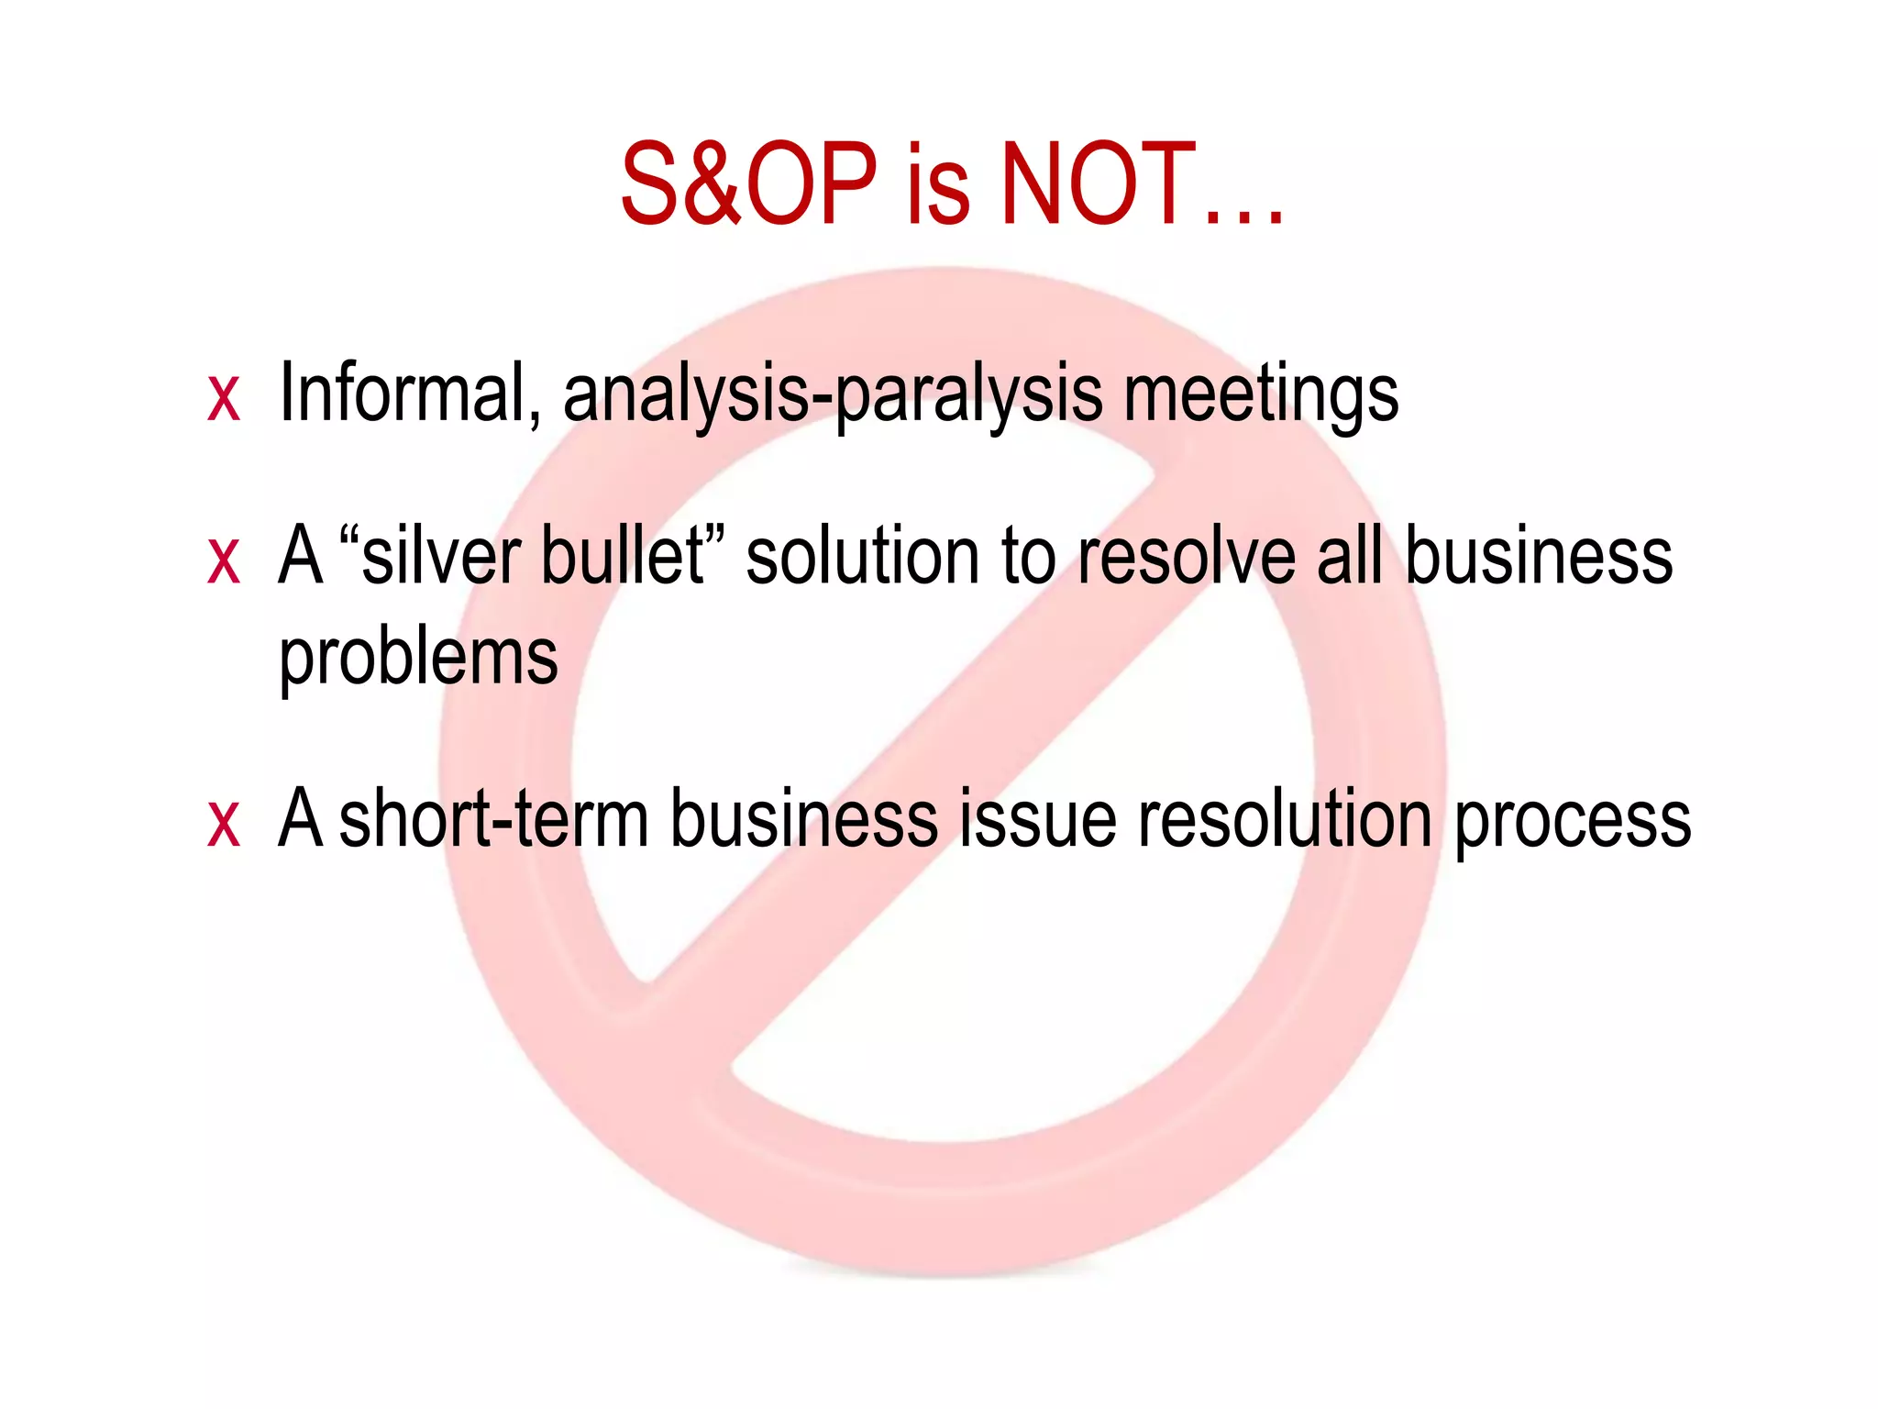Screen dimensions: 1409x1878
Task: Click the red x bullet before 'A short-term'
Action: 224,822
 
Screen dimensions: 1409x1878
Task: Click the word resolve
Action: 1187,556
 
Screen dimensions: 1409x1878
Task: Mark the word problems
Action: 418,659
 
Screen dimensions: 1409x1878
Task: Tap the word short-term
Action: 493,818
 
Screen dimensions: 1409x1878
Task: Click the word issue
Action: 1038,818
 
